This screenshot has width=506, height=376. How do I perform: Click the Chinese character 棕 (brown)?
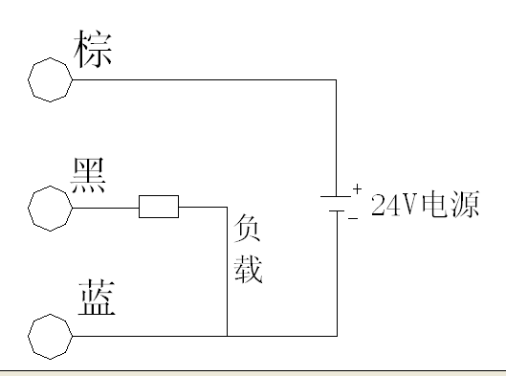tap(93, 49)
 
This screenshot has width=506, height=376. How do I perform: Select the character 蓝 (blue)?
tap(96, 299)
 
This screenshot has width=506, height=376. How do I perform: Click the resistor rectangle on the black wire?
tap(158, 207)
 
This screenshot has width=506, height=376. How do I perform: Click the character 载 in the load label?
tap(247, 270)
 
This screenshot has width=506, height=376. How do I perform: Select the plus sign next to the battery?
tap(356, 189)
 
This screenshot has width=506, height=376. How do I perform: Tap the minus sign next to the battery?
tap(353, 219)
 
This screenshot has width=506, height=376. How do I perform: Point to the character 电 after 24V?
tap(431, 204)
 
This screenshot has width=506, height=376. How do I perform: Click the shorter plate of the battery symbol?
tap(337, 211)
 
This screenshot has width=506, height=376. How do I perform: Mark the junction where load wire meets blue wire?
tap(227, 335)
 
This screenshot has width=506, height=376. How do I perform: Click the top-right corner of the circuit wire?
tap(337, 78)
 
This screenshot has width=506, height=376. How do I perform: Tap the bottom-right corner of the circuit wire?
tap(337, 335)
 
